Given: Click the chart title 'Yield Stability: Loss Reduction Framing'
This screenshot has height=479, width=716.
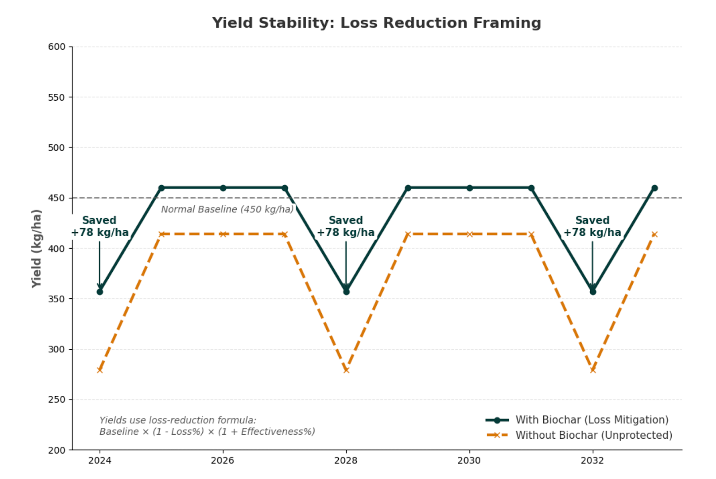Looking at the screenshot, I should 376,23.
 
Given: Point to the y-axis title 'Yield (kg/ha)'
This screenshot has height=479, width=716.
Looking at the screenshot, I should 37,248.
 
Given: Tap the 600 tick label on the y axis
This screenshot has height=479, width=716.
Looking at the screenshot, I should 57,47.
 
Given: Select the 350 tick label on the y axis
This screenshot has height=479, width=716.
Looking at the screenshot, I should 57,299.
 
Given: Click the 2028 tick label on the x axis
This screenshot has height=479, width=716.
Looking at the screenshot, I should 346,461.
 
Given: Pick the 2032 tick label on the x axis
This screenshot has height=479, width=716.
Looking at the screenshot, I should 592,461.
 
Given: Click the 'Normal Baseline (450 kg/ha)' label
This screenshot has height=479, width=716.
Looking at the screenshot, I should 227,209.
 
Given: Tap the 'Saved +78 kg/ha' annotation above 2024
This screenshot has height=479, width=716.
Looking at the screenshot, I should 100,226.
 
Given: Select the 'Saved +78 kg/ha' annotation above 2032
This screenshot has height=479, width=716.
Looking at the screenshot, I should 592,226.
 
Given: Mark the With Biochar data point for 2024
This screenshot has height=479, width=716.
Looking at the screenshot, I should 100,292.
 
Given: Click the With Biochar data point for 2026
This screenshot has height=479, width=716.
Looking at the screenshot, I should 223,188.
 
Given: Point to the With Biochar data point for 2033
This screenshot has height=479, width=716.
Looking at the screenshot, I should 654,188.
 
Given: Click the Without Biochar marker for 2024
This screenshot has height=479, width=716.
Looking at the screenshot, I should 100,370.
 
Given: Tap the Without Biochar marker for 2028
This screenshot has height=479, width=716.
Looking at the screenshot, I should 346,370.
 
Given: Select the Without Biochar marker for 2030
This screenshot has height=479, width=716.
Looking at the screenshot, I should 469,234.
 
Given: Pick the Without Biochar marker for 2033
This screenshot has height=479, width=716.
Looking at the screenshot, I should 654,234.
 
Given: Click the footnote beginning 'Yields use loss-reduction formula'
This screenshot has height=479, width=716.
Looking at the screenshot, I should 207,426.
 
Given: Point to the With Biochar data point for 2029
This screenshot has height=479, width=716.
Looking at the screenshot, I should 408,188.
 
